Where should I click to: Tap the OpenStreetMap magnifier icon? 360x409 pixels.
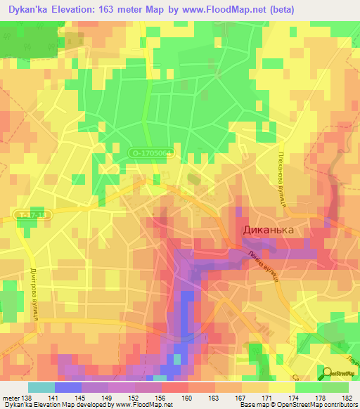click(329, 372)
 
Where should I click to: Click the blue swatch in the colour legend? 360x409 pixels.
click(68, 387)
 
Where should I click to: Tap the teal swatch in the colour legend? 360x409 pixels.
click(41, 387)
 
